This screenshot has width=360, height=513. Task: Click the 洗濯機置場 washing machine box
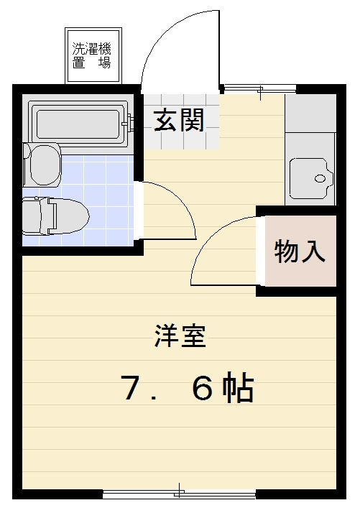(x=93, y=55)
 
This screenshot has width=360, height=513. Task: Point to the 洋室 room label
(x=180, y=336)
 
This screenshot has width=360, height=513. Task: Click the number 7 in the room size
(x=130, y=389)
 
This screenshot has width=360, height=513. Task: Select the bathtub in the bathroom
(x=78, y=120)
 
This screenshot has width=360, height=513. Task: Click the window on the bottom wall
(x=179, y=494)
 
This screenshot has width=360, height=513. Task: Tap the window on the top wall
(x=258, y=88)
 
